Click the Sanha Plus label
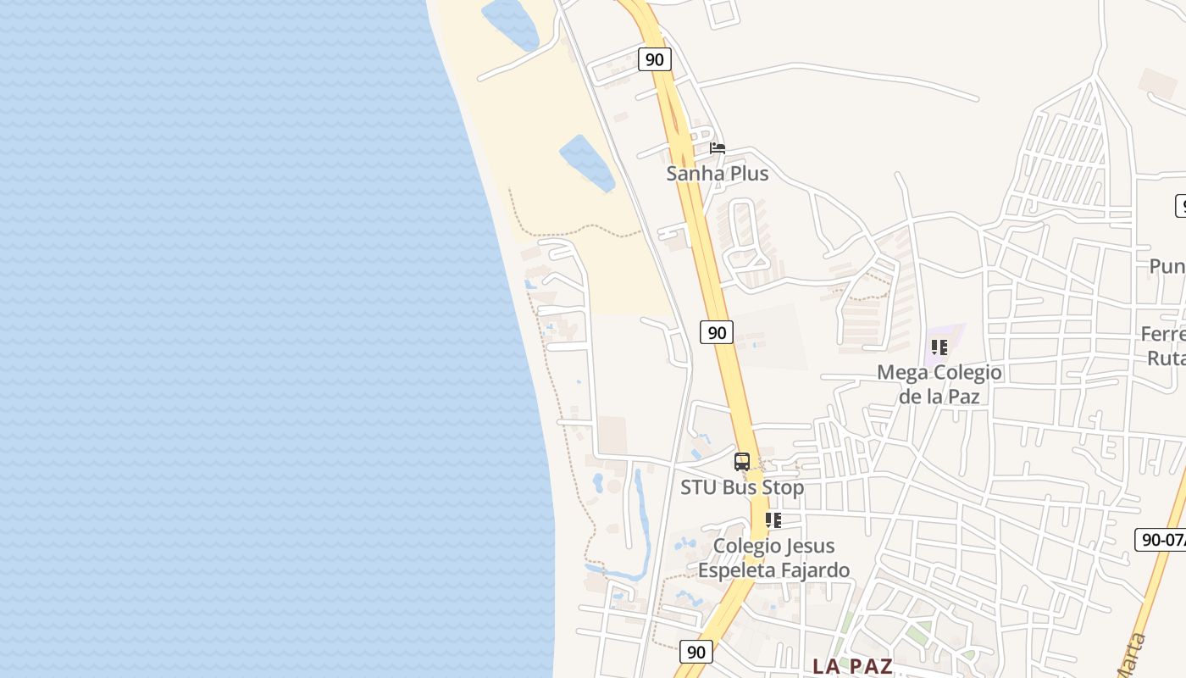[718, 174]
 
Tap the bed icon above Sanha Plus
[718, 148]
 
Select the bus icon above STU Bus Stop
[742, 462]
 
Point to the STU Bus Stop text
[742, 487]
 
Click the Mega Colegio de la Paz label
[939, 384]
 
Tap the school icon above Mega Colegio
[939, 347]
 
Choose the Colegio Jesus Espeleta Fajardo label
[773, 558]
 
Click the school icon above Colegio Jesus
[773, 520]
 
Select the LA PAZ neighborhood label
[852, 666]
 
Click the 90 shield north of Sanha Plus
[654, 59]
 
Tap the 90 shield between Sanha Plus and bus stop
[717, 332]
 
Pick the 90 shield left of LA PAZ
[696, 652]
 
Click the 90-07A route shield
[1161, 539]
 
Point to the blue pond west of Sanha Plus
[586, 161]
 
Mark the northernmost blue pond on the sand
[509, 23]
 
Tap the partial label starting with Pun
[1167, 266]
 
